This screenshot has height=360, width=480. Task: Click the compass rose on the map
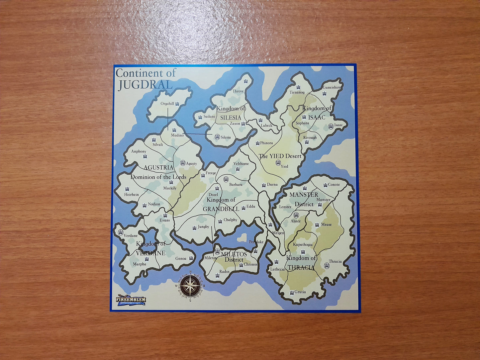point(190,285)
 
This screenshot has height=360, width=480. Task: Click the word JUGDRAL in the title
point(145,85)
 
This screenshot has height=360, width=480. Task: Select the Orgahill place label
point(167,104)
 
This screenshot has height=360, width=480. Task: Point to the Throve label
point(238,91)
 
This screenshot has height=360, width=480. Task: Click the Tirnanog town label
point(297,92)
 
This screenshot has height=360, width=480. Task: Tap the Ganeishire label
point(332,88)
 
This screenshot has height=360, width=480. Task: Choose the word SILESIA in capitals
point(230,118)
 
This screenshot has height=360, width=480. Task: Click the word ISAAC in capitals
point(317,117)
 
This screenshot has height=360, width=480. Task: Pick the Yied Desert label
point(280,156)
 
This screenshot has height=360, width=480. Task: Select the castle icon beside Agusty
point(182,163)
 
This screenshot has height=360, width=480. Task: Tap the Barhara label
point(236,184)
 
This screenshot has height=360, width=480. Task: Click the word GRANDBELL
point(221,209)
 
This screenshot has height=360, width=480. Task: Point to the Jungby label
point(203,227)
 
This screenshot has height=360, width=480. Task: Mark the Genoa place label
point(181,258)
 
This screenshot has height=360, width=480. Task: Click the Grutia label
point(300,292)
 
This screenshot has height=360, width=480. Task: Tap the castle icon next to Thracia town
point(327,266)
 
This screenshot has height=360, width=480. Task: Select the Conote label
point(334,185)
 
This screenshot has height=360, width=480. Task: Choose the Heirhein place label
point(132,195)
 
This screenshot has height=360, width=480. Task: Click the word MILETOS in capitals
point(234,254)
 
